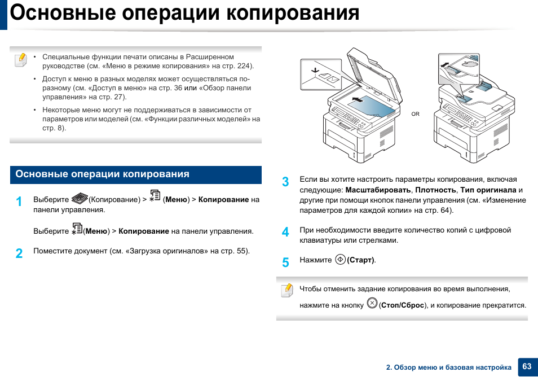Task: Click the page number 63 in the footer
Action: pos(527,366)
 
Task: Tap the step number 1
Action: pos(19,202)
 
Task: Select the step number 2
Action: pos(19,253)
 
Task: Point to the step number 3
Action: pos(285,182)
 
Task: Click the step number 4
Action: pos(285,232)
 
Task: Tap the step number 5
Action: pos(285,262)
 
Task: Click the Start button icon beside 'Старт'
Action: pos(340,260)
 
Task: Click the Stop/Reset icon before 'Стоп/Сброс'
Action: pos(372,303)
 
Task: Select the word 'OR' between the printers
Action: pos(415,114)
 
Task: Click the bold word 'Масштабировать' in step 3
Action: pos(378,190)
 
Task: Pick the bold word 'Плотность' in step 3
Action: pos(435,190)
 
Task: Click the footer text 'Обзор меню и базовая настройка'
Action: pos(452,367)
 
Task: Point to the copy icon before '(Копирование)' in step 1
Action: pos(80,198)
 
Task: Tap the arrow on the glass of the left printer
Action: pos(357,100)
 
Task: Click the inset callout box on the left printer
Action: pos(320,74)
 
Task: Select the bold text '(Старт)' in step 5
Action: pos(361,260)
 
